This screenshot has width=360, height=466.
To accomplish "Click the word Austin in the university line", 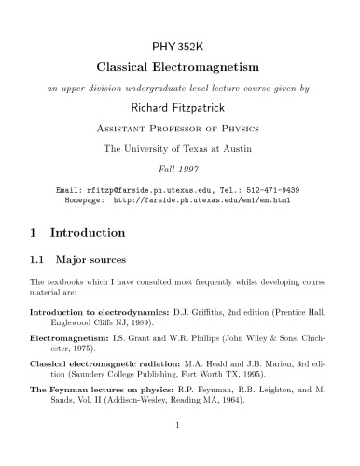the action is pos(241,145).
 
